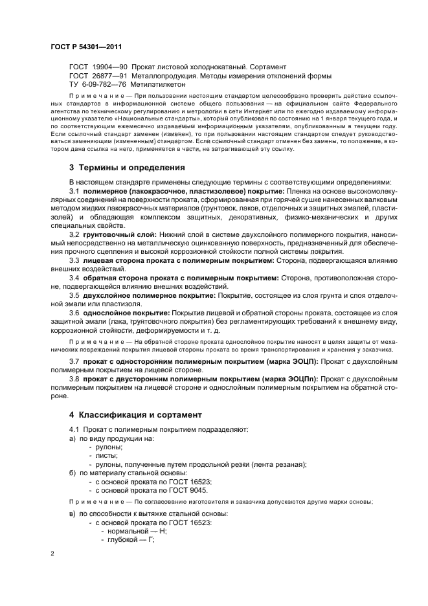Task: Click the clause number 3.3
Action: tap(74, 260)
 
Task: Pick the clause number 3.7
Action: tap(74, 361)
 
